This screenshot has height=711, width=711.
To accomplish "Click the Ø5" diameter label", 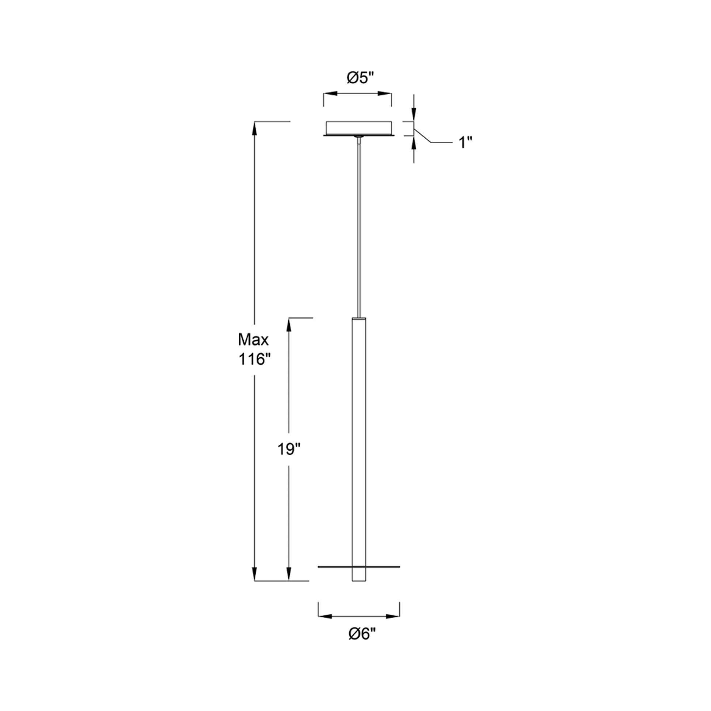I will pyautogui.click(x=360, y=78).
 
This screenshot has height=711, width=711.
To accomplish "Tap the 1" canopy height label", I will pyautogui.click(x=465, y=142).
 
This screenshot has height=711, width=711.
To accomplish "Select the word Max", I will pyautogui.click(x=253, y=340).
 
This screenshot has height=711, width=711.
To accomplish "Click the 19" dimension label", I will pyautogui.click(x=289, y=449).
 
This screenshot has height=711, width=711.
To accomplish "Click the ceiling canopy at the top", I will pyautogui.click(x=359, y=128).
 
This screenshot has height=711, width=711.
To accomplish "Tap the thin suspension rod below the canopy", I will pyautogui.click(x=359, y=228).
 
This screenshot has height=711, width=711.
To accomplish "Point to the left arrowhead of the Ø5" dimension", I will pyautogui.click(x=328, y=94).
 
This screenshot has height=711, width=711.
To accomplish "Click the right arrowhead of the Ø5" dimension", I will pyautogui.click(x=387, y=94).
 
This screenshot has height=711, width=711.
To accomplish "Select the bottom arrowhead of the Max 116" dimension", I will pyautogui.click(x=254, y=585).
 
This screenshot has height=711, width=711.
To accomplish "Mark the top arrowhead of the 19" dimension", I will pyautogui.click(x=289, y=323).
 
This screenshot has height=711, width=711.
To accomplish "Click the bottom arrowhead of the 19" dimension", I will pyautogui.click(x=289, y=585).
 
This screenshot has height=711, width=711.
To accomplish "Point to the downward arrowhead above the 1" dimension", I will pyautogui.click(x=414, y=115).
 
